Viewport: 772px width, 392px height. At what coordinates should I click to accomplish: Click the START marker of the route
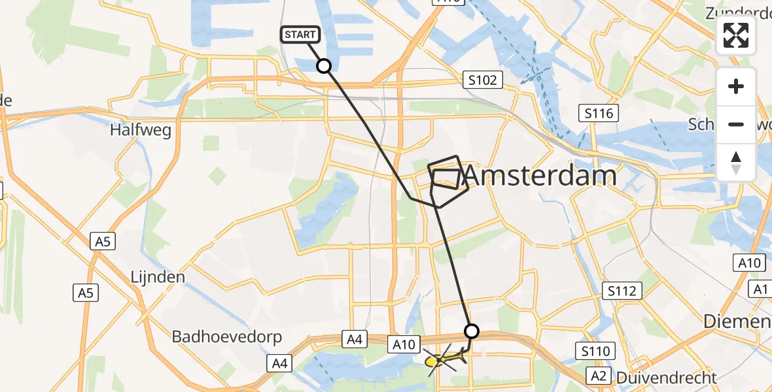pos(300,35)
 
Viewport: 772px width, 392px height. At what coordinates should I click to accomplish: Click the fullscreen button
pos(736,35)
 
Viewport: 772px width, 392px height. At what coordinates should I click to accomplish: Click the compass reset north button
pos(736,162)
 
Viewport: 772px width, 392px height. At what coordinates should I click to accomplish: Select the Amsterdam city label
pos(540,175)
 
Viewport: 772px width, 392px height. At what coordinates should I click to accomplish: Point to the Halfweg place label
pos(141,130)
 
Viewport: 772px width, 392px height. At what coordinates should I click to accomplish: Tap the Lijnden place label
pos(157,276)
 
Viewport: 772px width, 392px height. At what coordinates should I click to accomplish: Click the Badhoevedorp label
pos(226,336)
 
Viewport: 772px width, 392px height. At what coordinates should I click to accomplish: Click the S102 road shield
pos(483,80)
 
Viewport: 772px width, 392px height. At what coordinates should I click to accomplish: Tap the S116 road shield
pos(599,114)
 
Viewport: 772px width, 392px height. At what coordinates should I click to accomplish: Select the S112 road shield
pos(622,291)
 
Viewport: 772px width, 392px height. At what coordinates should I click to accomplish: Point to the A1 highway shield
pos(760,289)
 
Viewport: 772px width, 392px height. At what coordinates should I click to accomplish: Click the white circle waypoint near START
pos(323,65)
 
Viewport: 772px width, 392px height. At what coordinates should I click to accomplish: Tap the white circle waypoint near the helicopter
pos(471,331)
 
